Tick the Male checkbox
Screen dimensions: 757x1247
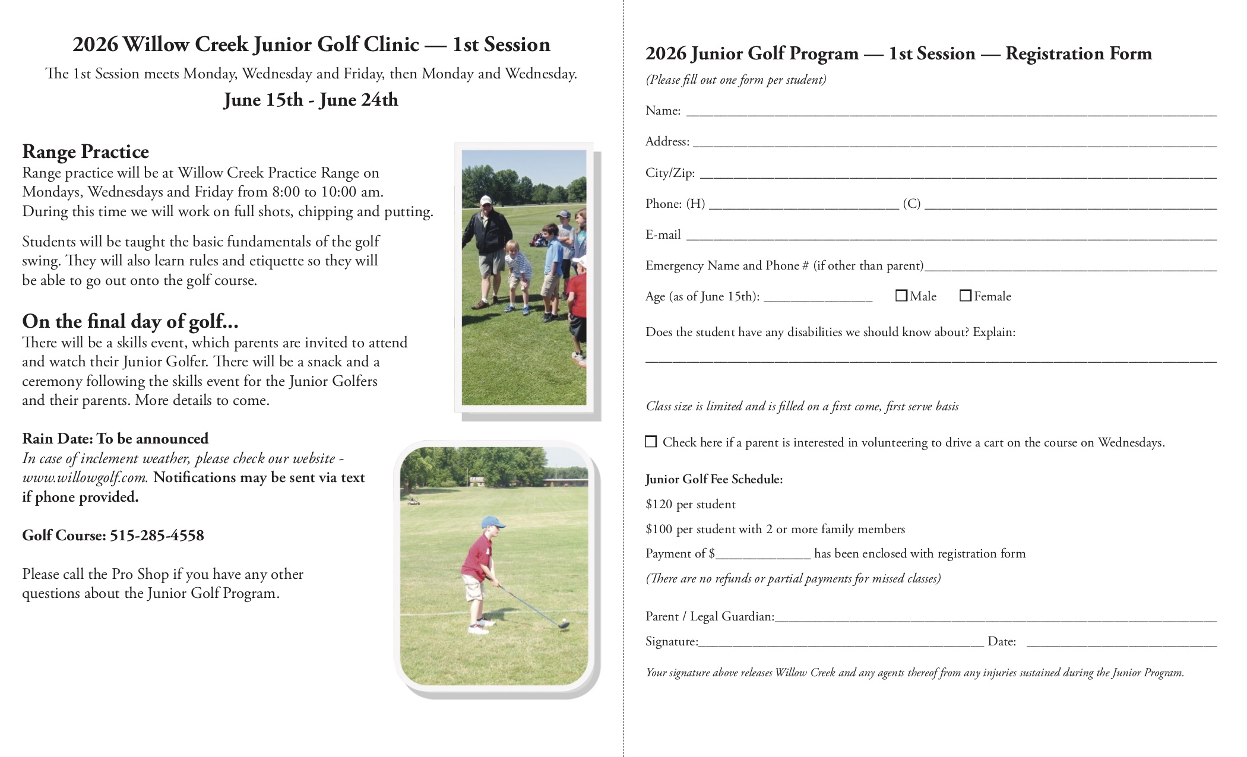901,296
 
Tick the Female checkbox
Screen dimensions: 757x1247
966,296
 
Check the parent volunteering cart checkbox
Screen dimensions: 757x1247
651,442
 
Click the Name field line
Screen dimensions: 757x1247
950,112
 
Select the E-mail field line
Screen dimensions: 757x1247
950,236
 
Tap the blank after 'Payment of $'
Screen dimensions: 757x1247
763,555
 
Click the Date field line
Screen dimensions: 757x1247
1121,642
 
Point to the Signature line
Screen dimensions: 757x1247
841,642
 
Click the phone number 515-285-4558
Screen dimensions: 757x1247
157,536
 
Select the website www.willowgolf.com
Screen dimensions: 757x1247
84,478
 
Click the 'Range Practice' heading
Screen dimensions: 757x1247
86,152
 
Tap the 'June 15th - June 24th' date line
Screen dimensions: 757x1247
311,100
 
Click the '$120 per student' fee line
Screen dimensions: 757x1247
690,505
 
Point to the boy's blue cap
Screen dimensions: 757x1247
492,522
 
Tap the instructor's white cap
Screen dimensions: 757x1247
486,200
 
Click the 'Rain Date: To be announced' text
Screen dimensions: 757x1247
115,439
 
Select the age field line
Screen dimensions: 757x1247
818,297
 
